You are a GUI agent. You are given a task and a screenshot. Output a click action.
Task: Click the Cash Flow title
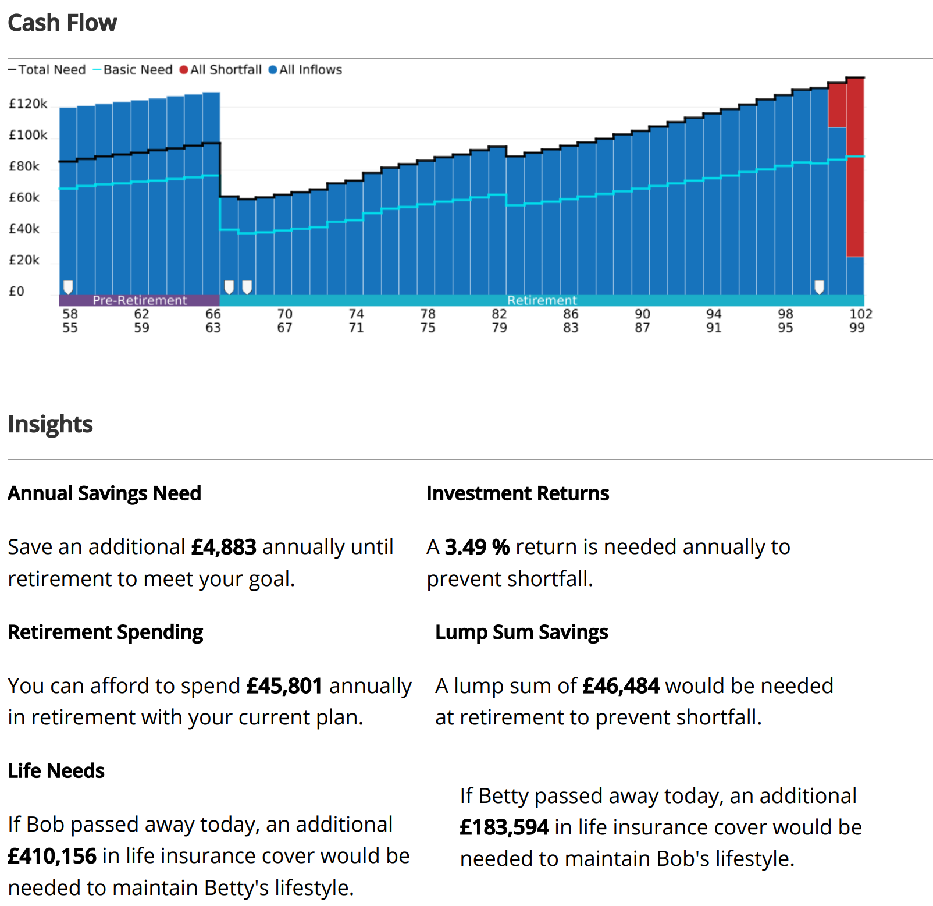coord(62,23)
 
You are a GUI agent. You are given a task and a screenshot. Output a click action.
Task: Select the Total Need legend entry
coord(47,70)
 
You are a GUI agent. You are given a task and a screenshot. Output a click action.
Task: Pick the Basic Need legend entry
coord(133,70)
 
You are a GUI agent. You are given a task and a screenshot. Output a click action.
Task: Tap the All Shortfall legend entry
coord(220,70)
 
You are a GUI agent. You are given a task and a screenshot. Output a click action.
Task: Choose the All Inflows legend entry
coord(305,70)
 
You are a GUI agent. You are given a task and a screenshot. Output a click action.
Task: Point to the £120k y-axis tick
coord(28,104)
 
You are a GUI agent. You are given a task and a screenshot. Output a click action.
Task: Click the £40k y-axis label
coord(24,229)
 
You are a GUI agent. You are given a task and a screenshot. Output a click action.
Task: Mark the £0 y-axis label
coord(16,291)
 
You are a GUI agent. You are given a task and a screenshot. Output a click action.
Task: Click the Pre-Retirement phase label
coord(140,300)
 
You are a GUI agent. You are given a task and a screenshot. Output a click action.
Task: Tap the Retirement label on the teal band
coord(542,300)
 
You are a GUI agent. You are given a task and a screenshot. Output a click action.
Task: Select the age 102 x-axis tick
coord(861,314)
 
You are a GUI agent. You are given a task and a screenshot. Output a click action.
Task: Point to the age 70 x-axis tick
coord(284,314)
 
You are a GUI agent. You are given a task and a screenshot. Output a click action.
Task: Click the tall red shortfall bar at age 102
coord(855,167)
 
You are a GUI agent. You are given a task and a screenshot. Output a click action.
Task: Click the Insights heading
coord(51,424)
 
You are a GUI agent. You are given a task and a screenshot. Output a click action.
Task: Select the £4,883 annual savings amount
coord(224,547)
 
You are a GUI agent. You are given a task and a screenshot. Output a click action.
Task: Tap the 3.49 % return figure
coord(477,547)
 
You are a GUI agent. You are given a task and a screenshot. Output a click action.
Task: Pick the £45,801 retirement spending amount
coord(284,686)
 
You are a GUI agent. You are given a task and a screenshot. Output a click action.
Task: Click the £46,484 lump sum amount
coord(621,686)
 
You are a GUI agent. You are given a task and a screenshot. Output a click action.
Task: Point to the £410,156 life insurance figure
coord(52,856)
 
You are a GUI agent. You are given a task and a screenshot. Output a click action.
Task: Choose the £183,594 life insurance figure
coord(504,827)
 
